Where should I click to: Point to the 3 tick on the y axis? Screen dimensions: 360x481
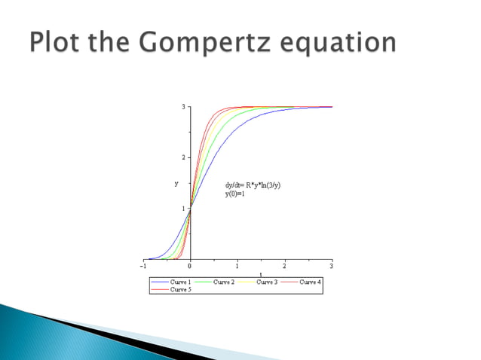point(183,107)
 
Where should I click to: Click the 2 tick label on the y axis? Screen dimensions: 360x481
point(183,157)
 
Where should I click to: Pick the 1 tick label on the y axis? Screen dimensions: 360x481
point(183,208)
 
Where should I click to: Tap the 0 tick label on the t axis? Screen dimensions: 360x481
point(190,266)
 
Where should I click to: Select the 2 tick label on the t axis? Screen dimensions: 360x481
point(284,266)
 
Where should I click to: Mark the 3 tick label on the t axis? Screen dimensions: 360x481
point(331,266)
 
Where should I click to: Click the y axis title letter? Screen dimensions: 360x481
point(176,183)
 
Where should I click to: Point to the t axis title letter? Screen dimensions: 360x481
point(261,274)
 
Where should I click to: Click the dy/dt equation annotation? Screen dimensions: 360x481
point(253,185)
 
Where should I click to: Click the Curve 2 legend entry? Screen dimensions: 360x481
point(223,282)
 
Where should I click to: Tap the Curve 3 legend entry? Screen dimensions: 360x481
point(266,282)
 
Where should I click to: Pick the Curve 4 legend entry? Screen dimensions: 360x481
point(309,282)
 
